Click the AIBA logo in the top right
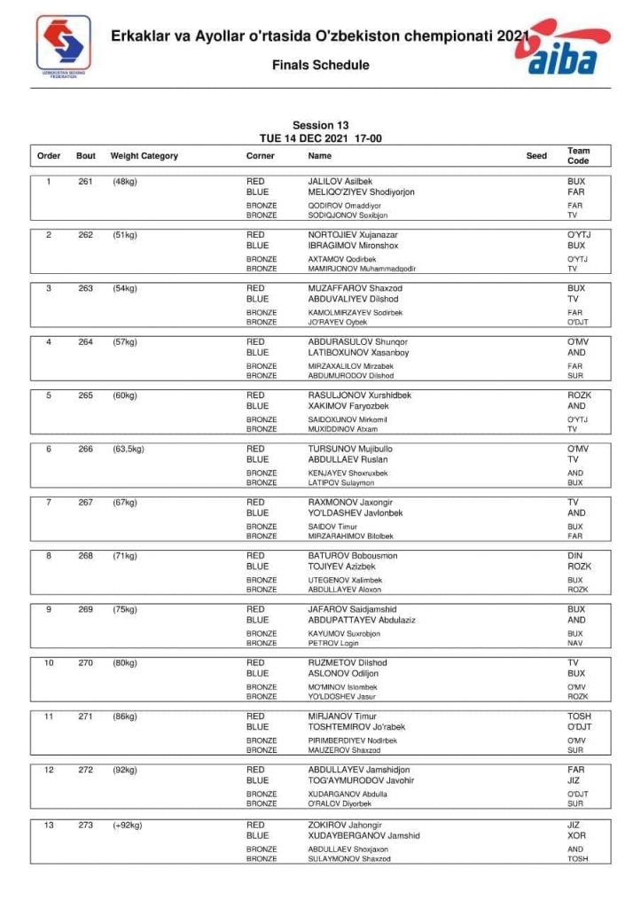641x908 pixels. tap(568, 49)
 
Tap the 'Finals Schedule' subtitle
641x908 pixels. tap(320, 65)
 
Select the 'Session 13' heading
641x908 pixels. tap(320, 125)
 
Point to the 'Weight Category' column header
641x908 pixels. tap(144, 156)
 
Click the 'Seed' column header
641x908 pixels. tap(536, 156)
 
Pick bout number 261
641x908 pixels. tap(86, 182)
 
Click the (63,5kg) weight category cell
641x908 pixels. tap(128, 449)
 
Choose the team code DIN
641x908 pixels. tap(575, 556)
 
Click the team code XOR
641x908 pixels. tap(576, 835)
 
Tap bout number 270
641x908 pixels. tap(86, 662)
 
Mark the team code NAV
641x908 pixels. tap(575, 644)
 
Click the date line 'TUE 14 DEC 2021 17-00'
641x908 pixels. tap(320, 137)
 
